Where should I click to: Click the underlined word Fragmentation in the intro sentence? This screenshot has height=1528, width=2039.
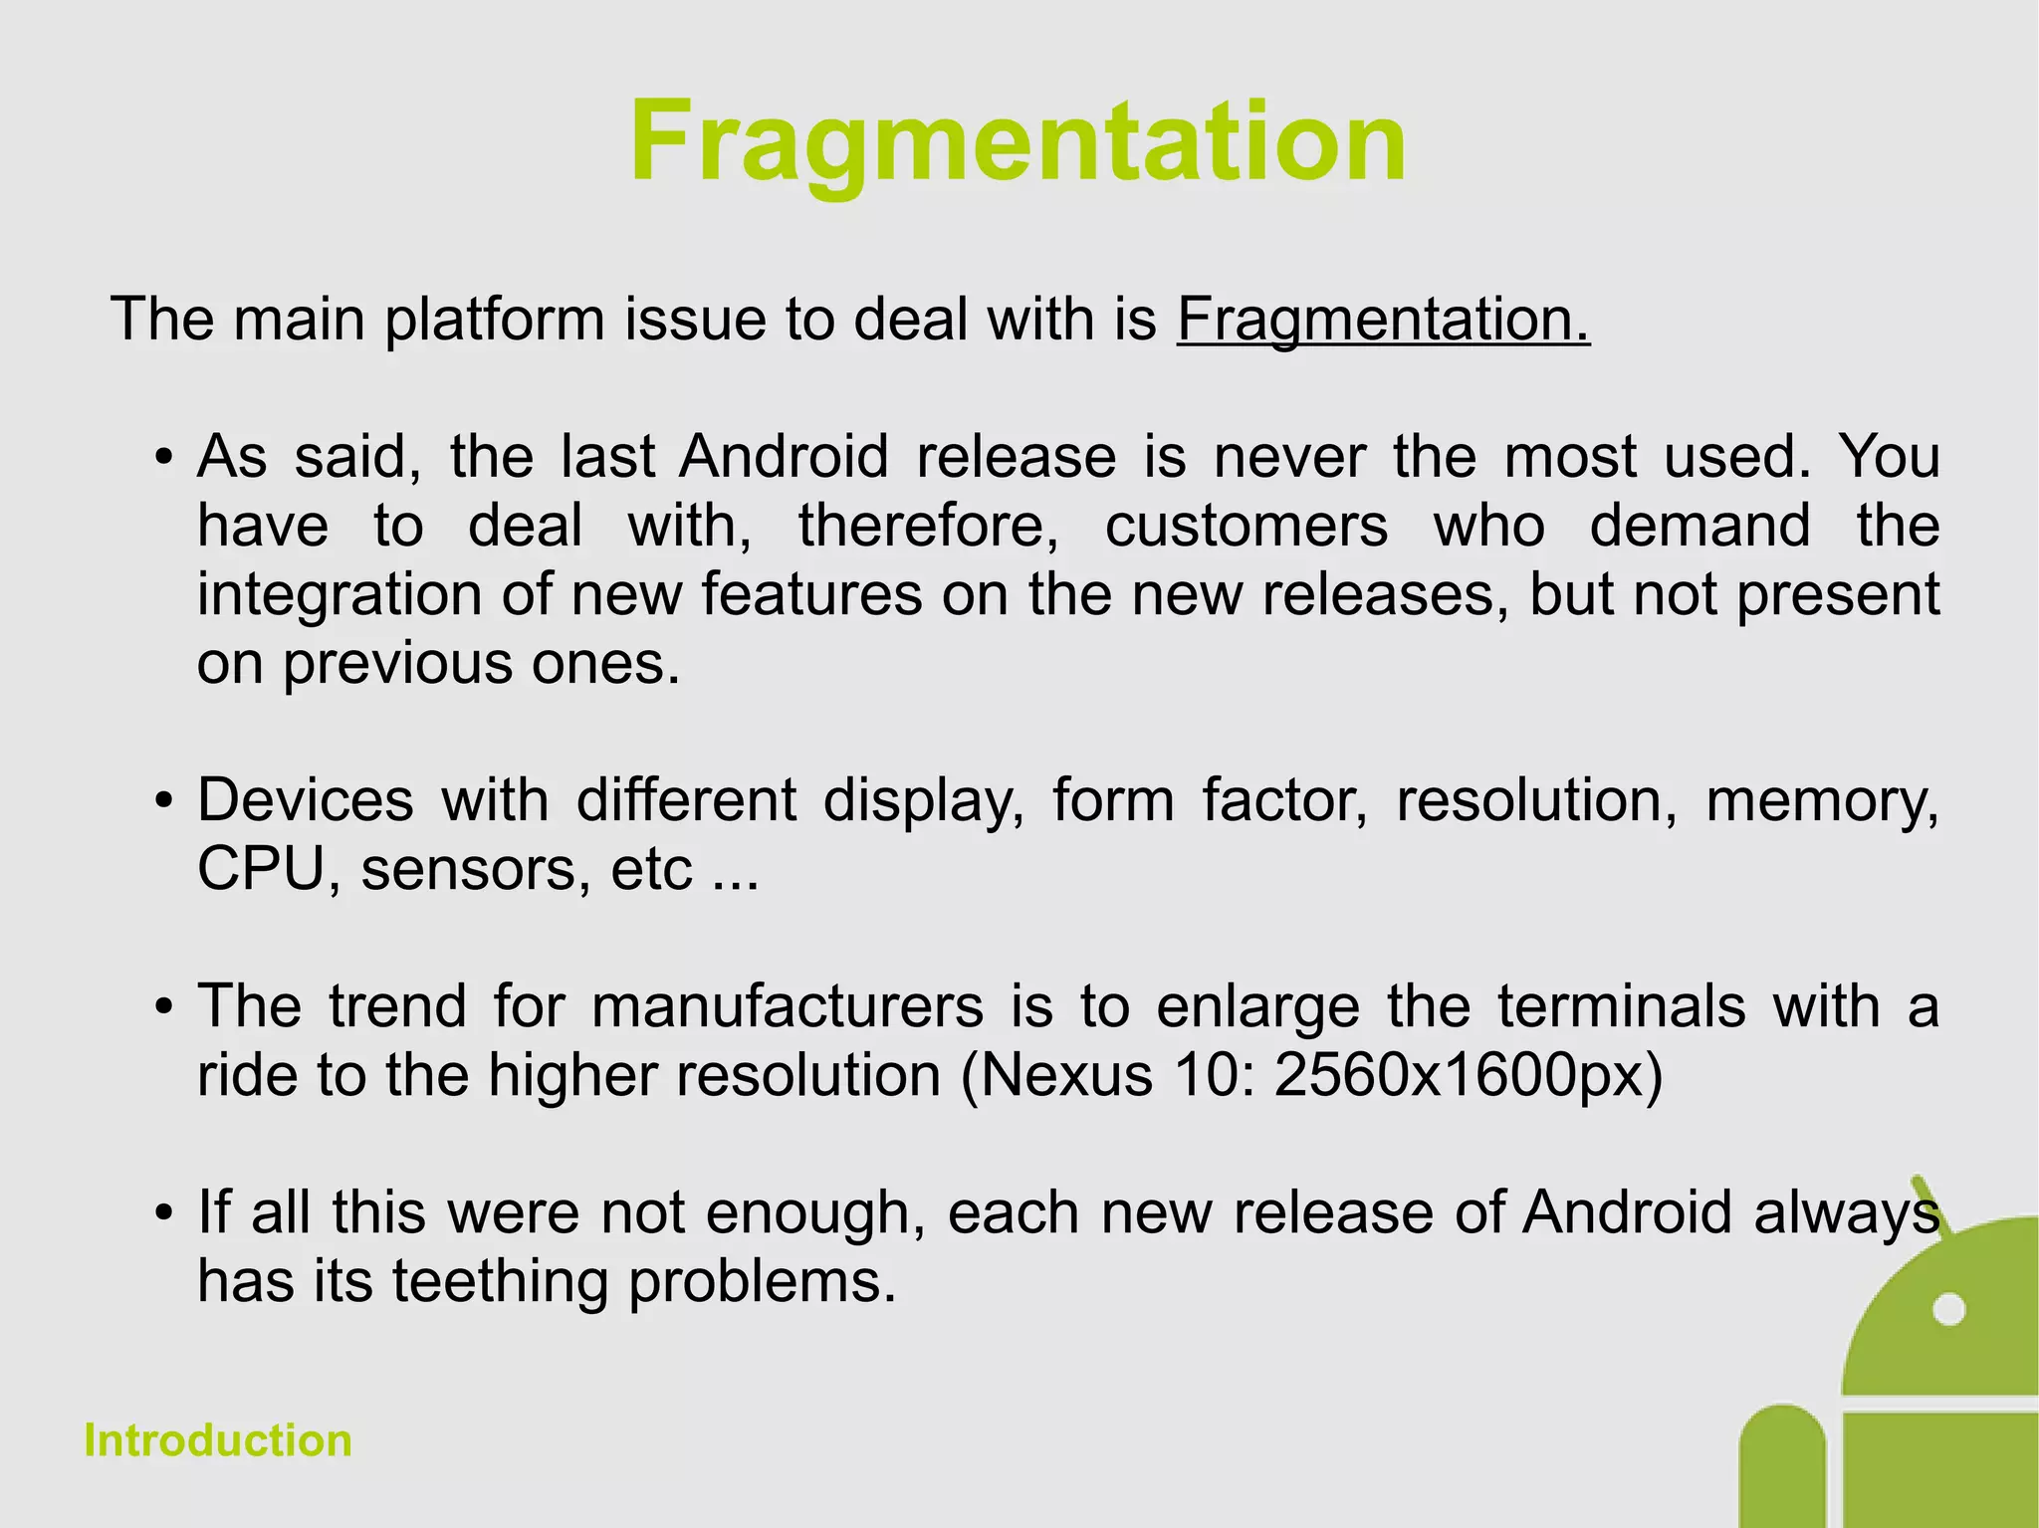click(1382, 320)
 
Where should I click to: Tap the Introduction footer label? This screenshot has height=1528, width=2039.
click(218, 1440)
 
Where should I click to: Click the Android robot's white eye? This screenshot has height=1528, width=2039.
click(1948, 1309)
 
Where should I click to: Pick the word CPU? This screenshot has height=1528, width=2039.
click(261, 869)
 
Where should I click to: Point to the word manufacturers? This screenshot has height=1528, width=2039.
click(788, 1006)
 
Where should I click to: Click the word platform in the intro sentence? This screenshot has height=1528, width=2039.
click(495, 320)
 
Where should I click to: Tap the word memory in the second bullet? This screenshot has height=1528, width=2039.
click(1821, 800)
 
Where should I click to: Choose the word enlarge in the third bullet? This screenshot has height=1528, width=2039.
click(1257, 1006)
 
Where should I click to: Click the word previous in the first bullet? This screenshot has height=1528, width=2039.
click(397, 663)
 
